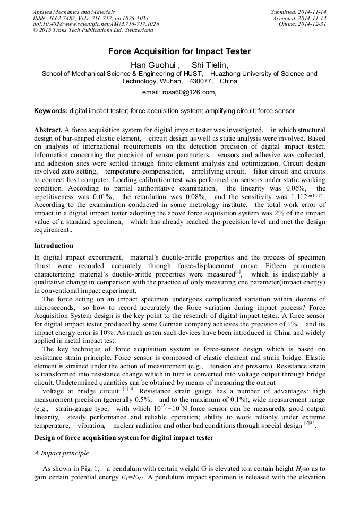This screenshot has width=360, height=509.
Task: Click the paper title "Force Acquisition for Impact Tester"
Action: (179, 52)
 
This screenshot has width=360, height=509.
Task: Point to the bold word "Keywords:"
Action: (50, 111)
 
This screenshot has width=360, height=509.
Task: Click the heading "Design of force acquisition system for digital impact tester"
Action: (123, 437)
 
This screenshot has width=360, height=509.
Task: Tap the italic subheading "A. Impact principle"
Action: (61, 453)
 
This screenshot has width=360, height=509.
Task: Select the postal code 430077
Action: (200, 82)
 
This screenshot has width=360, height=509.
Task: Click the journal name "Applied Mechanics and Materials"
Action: (74, 12)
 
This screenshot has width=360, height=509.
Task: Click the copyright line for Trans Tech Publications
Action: (93, 30)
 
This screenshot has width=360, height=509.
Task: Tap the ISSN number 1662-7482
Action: (69, 18)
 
